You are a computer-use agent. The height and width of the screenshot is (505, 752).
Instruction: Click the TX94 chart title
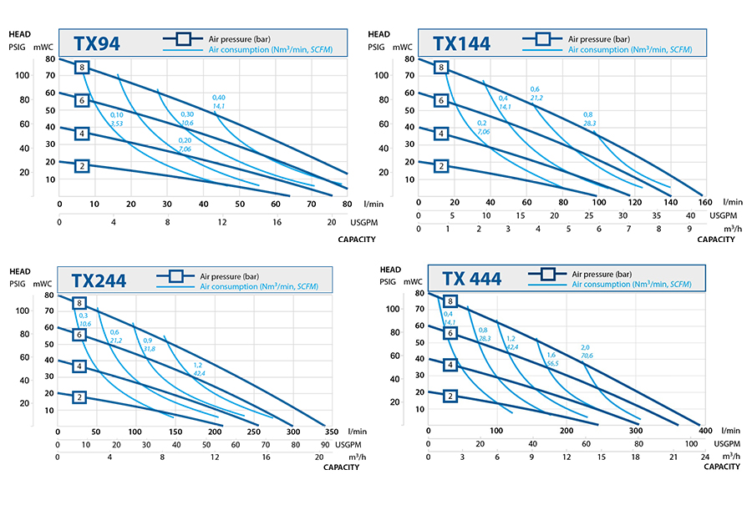(x=97, y=43)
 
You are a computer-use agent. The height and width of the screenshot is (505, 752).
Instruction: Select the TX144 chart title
(x=461, y=43)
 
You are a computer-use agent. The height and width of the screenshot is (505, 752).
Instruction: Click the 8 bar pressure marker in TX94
(x=82, y=68)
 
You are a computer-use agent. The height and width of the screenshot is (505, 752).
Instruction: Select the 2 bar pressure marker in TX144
(x=440, y=166)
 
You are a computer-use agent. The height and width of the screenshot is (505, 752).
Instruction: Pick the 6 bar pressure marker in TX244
(x=80, y=335)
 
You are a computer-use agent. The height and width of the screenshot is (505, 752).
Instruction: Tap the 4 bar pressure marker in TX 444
(x=451, y=364)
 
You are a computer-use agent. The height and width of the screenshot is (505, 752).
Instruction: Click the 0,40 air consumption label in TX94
(x=219, y=102)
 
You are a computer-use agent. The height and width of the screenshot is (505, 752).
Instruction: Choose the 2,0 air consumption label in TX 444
(x=586, y=351)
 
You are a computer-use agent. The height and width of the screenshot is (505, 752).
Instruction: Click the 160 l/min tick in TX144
(x=705, y=203)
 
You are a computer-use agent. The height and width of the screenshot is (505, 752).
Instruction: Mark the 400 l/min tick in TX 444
(x=704, y=430)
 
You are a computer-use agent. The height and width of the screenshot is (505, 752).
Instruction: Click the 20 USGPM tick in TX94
(x=332, y=223)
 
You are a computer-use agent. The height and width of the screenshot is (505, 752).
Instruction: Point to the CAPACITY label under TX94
(x=356, y=240)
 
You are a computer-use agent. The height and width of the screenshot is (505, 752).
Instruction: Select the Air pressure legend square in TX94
(x=184, y=38)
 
